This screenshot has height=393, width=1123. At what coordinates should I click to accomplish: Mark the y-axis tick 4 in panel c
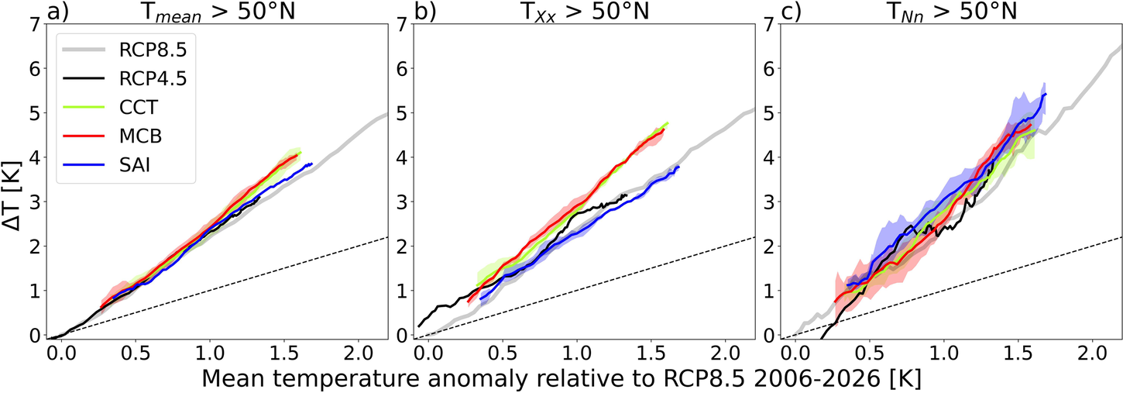coord(770,157)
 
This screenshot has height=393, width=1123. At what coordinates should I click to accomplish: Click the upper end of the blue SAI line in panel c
coord(1046,94)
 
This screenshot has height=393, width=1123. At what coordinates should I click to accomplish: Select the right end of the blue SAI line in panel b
coord(678,167)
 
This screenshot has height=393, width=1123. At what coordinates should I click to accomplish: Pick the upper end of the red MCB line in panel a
coord(298,154)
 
